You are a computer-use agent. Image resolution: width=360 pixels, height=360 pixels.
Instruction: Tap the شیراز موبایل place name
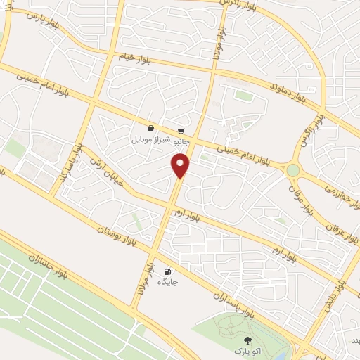150,139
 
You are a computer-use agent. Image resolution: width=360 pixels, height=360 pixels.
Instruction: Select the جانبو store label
181,140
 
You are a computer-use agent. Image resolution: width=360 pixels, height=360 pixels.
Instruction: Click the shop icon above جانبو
181,131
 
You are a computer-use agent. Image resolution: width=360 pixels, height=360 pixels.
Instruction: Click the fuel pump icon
167,271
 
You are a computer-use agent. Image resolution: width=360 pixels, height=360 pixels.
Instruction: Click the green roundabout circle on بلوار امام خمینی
292,169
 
